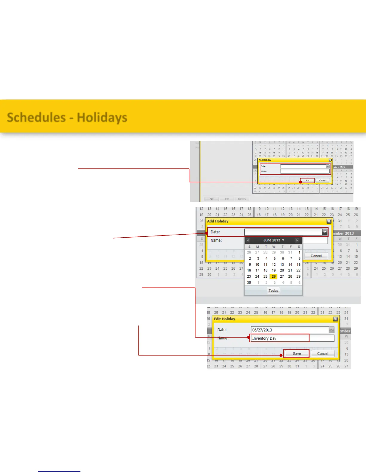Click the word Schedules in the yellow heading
(36, 117)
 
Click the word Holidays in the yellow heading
(102, 117)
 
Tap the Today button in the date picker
(273, 291)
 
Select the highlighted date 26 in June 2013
(274, 276)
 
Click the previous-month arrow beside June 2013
(248, 240)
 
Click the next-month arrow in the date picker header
(297, 240)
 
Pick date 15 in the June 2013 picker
(298, 265)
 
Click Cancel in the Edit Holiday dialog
(322, 354)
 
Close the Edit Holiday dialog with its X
(335, 319)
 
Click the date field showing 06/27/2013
(289, 330)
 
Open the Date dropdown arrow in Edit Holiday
(331, 330)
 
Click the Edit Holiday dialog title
(225, 319)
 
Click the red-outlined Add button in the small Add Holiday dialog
(307, 180)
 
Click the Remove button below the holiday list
(242, 199)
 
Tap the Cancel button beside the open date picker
(316, 256)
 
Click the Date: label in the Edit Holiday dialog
(222, 330)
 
